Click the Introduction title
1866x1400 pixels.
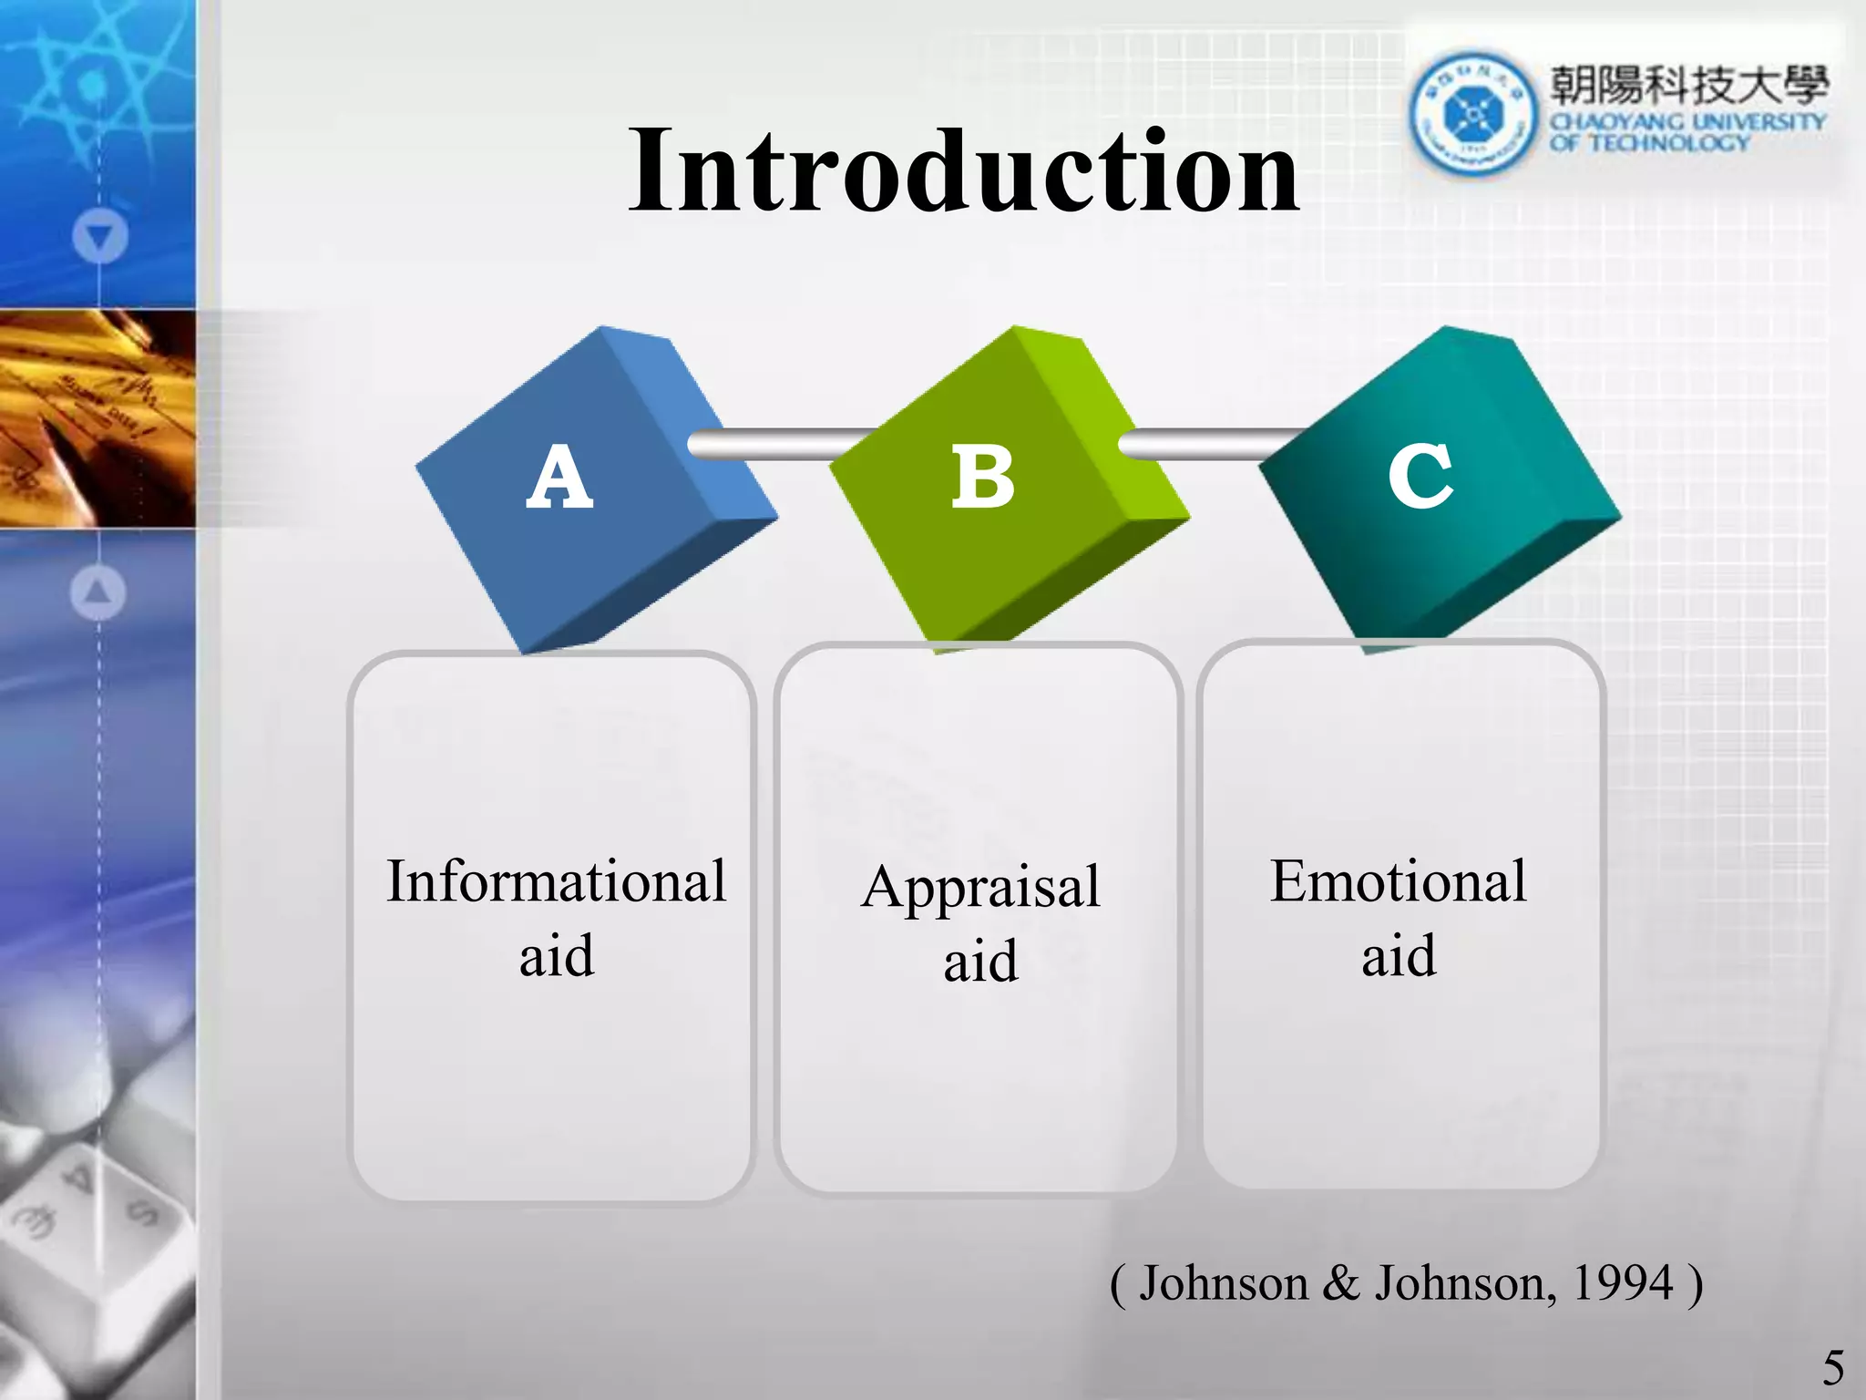pos(964,171)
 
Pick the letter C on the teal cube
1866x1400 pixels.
pos(1420,475)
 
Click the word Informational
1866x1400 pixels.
pos(556,882)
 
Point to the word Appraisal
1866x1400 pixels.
pos(981,887)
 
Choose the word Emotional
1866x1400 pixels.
pos(1398,882)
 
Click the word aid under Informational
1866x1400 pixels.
pos(556,957)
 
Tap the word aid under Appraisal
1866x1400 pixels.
pos(980,962)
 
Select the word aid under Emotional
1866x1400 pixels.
pos(1399,957)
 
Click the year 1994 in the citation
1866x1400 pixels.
pos(1623,1283)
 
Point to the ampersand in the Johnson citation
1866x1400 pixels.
pos(1340,1283)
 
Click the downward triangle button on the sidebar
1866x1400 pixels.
pos(99,238)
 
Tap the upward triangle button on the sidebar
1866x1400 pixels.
pos(97,593)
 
